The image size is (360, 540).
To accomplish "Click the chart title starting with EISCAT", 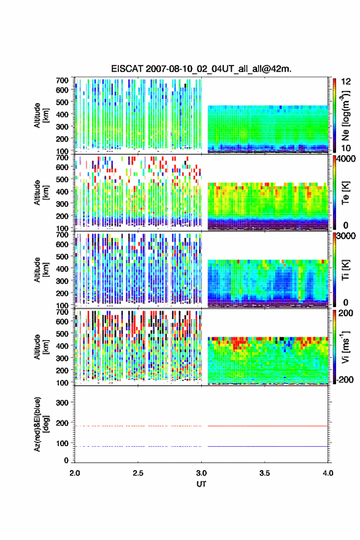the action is [201, 69].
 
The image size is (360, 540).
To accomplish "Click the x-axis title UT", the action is [201, 484].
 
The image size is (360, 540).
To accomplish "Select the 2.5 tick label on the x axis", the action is [137, 473].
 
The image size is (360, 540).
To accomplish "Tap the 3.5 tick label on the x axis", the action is [264, 473].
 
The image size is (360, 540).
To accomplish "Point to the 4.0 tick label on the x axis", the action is [327, 473].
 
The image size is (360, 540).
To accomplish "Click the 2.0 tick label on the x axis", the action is [75, 473].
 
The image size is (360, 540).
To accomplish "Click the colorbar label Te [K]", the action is [345, 193].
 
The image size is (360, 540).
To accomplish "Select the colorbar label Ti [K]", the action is [345, 269].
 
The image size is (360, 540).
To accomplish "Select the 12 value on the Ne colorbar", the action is [347, 82].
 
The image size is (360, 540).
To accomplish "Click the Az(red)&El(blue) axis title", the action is [40, 424].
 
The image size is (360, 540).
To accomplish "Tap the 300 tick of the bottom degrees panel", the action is [62, 403].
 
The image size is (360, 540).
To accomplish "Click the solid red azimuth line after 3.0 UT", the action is [268, 426].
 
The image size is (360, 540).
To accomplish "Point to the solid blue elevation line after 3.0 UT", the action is [268, 446].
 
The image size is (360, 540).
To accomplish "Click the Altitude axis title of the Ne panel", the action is [41, 115].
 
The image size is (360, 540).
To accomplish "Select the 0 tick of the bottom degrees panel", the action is [66, 460].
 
